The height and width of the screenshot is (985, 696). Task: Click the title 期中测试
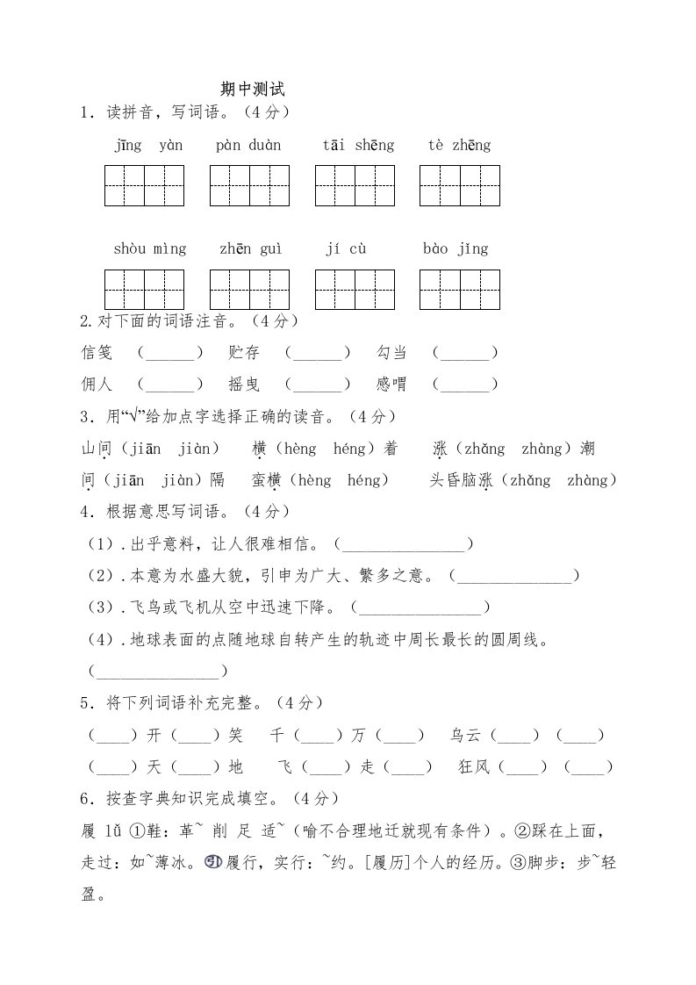click(x=254, y=90)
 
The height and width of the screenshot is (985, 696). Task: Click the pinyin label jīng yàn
click(x=148, y=146)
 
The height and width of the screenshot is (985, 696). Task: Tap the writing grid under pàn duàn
click(x=249, y=186)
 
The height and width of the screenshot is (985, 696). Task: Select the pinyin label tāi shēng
click(x=358, y=146)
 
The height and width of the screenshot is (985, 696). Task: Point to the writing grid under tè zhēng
click(x=460, y=186)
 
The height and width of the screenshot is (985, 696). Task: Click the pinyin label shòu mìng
click(x=150, y=249)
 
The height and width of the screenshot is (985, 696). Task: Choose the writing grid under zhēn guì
click(x=249, y=290)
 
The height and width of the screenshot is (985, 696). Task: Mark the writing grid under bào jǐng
click(x=460, y=290)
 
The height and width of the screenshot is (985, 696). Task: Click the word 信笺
click(x=97, y=353)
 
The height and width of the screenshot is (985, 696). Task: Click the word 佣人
click(x=97, y=385)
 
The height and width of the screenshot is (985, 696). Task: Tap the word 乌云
click(x=465, y=735)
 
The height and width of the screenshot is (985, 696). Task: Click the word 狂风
click(x=474, y=767)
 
